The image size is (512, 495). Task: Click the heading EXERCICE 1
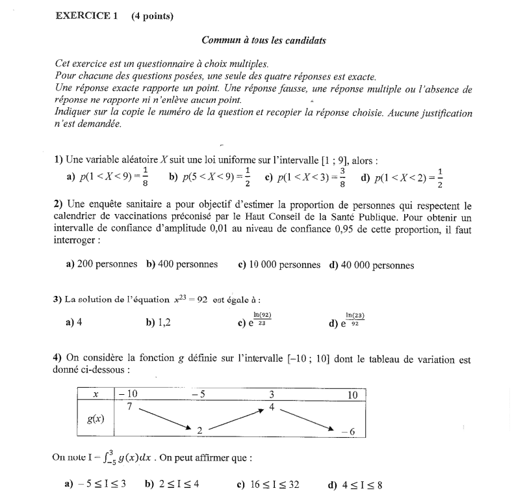tap(86, 15)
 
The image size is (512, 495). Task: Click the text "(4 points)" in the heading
tap(152, 15)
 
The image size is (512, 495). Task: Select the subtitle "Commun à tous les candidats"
tap(264, 40)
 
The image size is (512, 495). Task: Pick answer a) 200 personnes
tap(102, 265)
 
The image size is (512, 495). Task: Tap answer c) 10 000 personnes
tap(279, 265)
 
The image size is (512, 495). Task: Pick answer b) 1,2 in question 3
tap(159, 321)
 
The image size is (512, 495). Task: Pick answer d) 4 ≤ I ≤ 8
tap(356, 484)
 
